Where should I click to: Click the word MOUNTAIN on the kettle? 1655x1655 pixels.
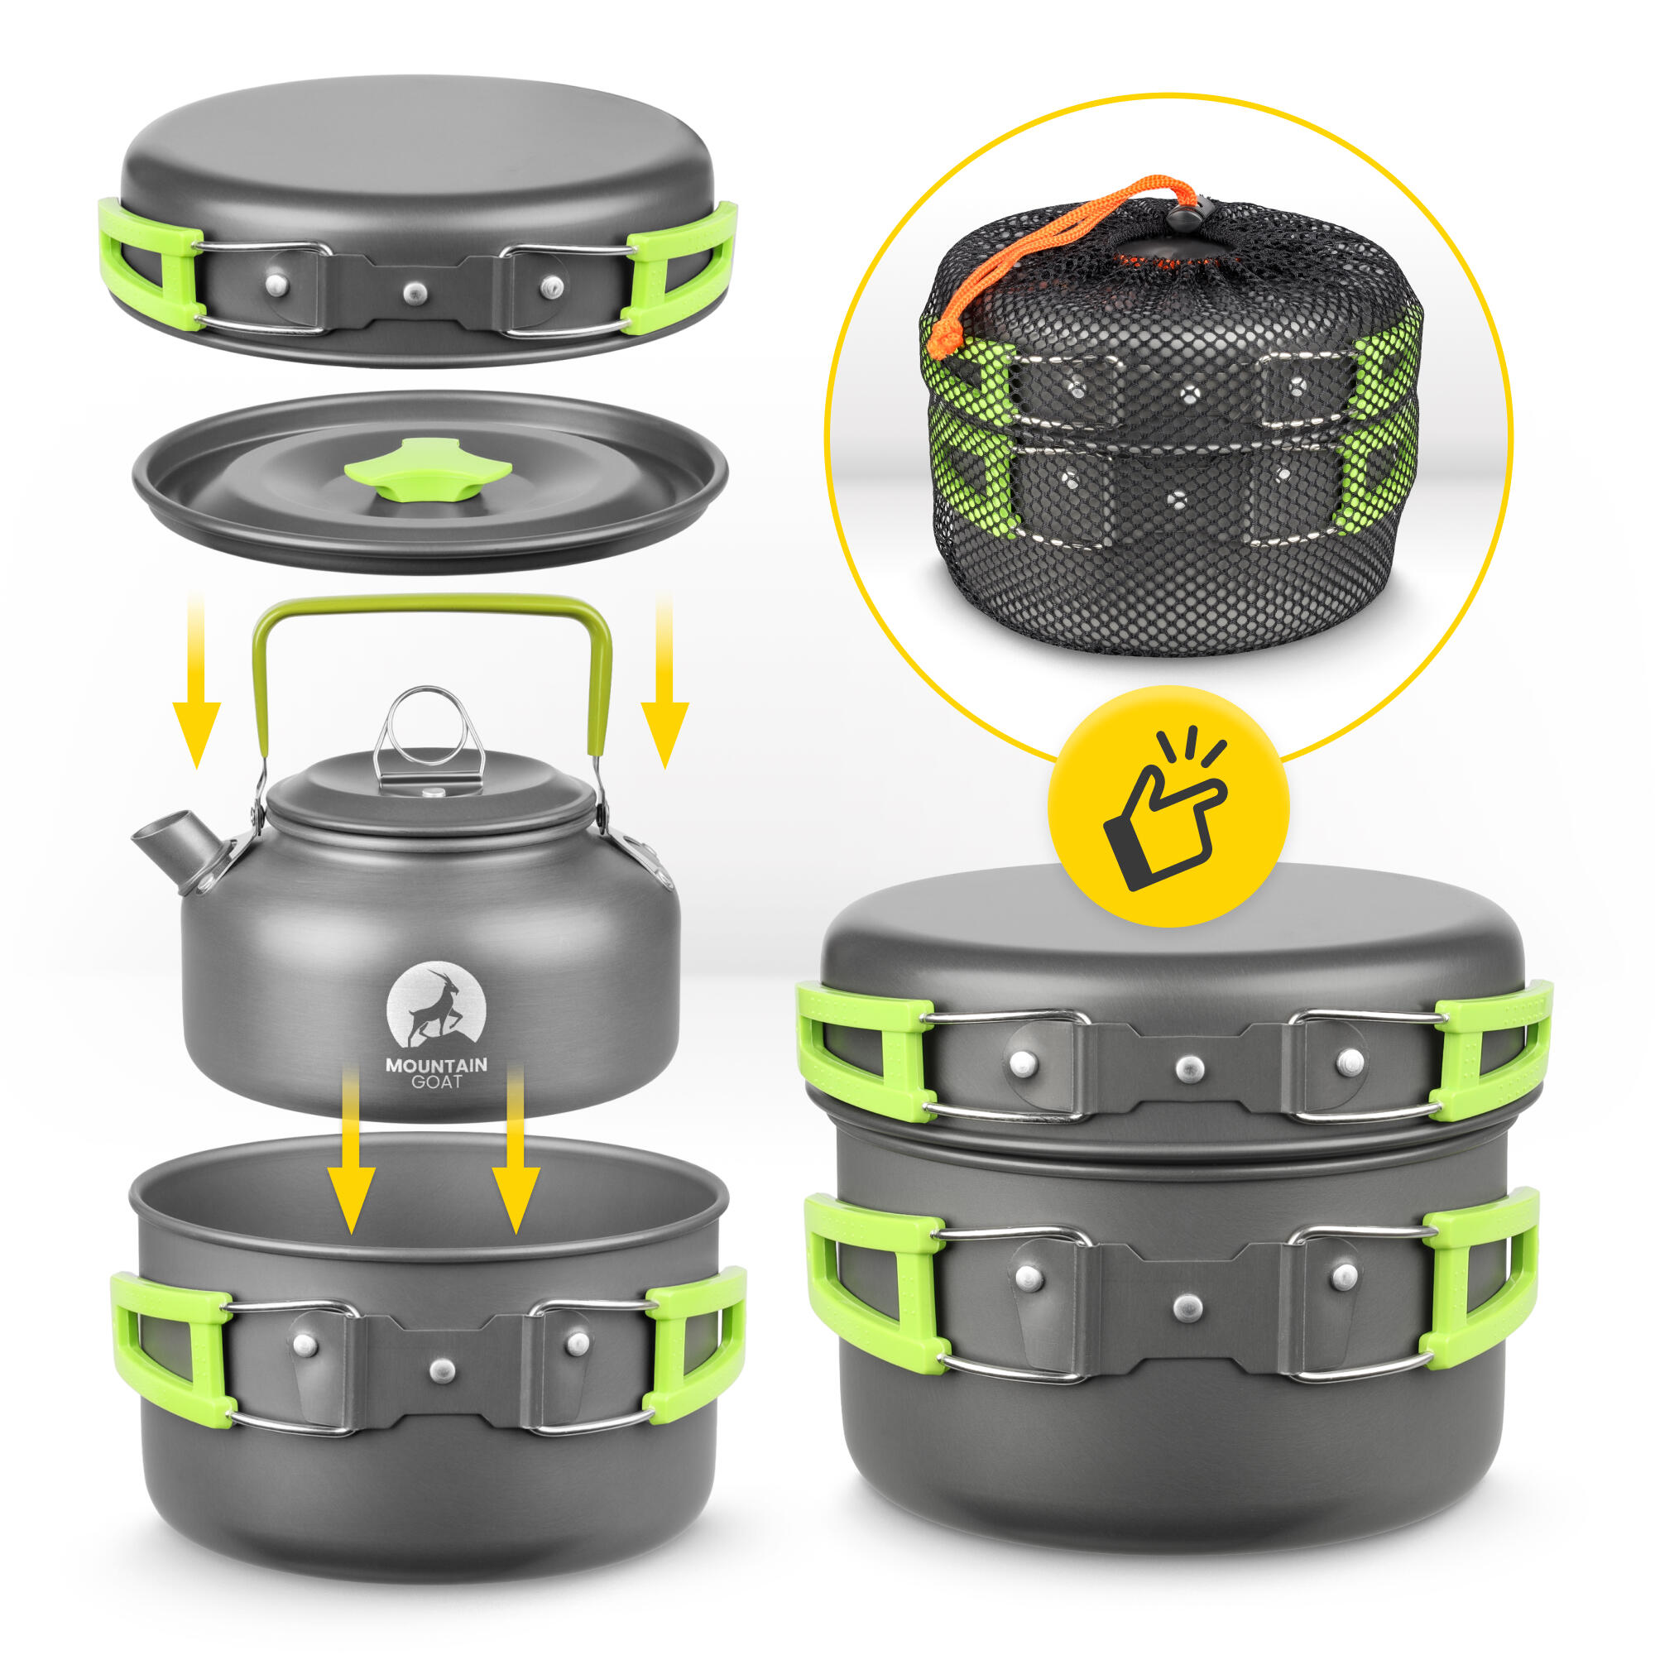click(436, 1066)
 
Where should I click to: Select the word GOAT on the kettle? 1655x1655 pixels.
click(436, 1082)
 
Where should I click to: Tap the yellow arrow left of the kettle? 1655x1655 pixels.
click(196, 682)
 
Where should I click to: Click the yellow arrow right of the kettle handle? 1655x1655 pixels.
click(664, 682)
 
